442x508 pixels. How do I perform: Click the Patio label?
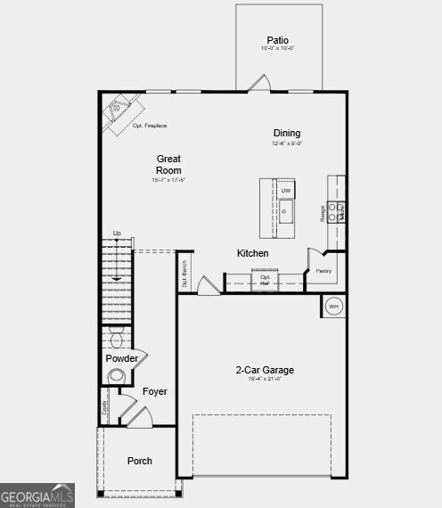click(x=278, y=40)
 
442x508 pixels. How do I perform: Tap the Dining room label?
click(x=287, y=134)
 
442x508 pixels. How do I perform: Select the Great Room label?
click(x=168, y=165)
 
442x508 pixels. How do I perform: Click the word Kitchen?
click(x=252, y=254)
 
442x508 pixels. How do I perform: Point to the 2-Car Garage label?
click(x=265, y=370)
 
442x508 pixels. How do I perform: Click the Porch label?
click(x=140, y=461)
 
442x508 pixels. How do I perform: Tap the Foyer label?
click(x=155, y=391)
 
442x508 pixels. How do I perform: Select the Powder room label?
click(x=122, y=358)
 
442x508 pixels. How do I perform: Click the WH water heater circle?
click(x=334, y=306)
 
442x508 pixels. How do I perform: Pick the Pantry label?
click(x=323, y=271)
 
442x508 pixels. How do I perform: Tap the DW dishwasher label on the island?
click(x=286, y=191)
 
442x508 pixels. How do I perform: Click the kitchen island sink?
click(x=286, y=211)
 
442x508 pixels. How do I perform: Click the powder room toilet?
click(x=117, y=338)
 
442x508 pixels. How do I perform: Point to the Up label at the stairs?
click(x=117, y=234)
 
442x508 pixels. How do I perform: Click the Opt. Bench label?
click(x=184, y=272)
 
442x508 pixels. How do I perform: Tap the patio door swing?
click(x=258, y=83)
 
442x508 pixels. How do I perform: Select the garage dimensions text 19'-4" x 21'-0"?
click(x=265, y=380)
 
